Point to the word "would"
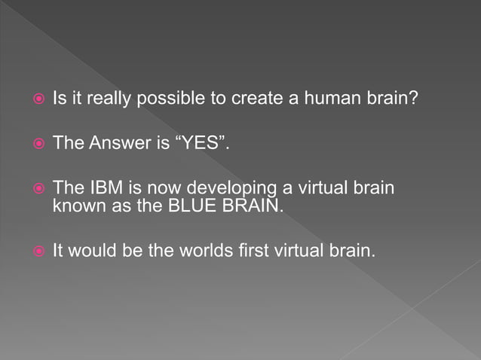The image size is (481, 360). tap(94, 249)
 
